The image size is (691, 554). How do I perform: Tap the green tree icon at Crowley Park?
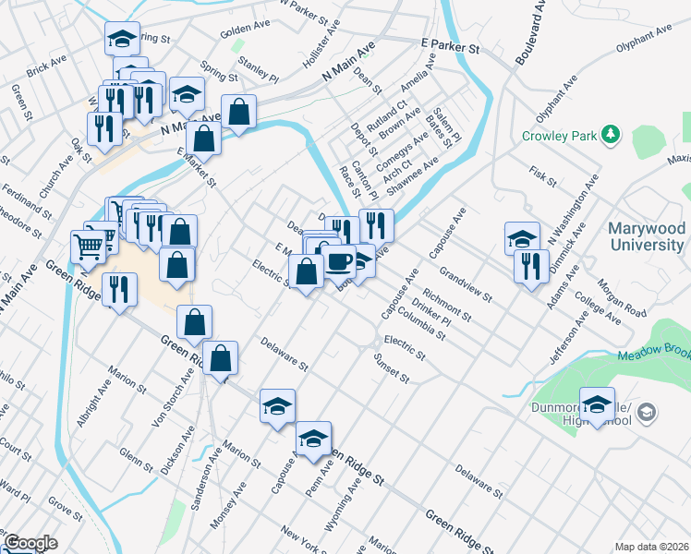tap(610, 135)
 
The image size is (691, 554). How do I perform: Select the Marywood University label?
tap(647, 236)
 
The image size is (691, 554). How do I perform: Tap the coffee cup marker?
tap(339, 261)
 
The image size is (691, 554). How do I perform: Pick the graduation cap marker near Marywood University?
tap(522, 238)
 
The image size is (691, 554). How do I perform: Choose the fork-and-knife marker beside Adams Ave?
tap(531, 266)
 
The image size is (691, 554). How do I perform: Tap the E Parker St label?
tap(451, 44)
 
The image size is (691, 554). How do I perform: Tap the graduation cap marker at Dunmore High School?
tap(598, 405)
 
